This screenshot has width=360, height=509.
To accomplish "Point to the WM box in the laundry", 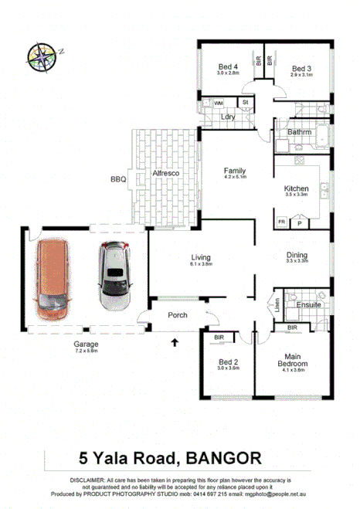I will pyautogui.click(x=219, y=102).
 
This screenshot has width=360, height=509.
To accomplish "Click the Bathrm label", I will pyautogui.click(x=299, y=132).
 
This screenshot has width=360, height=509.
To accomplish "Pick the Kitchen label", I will pyautogui.click(x=297, y=188).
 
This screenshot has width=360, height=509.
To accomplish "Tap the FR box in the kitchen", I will pyautogui.click(x=284, y=222).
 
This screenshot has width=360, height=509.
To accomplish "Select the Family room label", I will pyautogui.click(x=235, y=171).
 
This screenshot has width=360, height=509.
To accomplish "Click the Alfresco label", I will pyautogui.click(x=165, y=175).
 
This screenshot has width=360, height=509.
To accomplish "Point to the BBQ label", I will pyautogui.click(x=117, y=179).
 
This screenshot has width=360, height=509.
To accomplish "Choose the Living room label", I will pyautogui.click(x=201, y=257).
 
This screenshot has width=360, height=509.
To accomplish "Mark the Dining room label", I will pyautogui.click(x=297, y=256).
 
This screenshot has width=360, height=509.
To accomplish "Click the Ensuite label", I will pyautogui.click(x=309, y=305).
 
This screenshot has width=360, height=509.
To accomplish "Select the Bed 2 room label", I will pyautogui.click(x=227, y=364).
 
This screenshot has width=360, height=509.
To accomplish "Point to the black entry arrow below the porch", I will pyautogui.click(x=175, y=341).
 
